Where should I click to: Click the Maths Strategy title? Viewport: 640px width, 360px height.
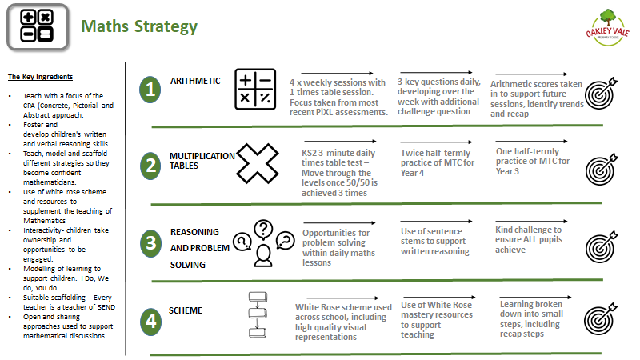coord(139,26)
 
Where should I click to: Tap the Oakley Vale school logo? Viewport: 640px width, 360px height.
coord(608,28)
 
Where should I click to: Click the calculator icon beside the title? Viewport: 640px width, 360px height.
coord(38,28)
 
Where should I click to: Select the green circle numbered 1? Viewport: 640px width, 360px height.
coord(150,90)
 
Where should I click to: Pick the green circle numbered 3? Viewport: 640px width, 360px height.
coord(150,243)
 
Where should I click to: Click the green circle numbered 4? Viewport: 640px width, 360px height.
coord(150,322)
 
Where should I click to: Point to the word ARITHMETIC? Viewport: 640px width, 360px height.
coord(195,81)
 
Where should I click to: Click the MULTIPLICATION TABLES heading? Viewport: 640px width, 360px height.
coord(202,161)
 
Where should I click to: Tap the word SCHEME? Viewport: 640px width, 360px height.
coord(186,310)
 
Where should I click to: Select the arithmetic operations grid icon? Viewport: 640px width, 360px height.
coord(255,89)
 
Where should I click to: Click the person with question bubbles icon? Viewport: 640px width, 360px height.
coord(263,243)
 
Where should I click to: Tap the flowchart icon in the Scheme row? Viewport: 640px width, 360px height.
coord(258,314)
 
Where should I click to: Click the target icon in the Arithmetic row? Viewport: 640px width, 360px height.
coord(601,94)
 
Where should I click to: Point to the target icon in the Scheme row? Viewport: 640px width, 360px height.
coord(600,319)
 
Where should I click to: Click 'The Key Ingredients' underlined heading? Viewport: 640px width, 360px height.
coord(41,77)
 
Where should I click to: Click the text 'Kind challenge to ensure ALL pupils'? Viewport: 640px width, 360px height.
coord(529,234)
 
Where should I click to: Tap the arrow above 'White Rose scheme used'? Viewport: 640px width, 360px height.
coord(342,298)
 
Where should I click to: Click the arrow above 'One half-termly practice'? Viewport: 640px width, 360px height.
coord(532,142)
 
